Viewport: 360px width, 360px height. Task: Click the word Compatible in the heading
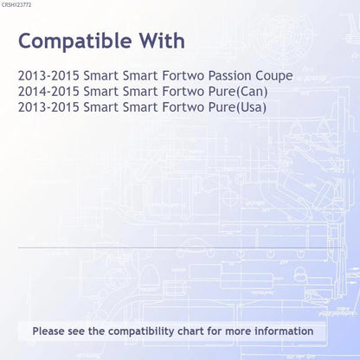point(75,42)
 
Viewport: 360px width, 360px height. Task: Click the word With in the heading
point(162,41)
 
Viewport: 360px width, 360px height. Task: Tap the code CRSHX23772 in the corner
point(16,5)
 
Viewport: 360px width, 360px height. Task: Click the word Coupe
point(274,76)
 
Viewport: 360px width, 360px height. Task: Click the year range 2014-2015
point(48,92)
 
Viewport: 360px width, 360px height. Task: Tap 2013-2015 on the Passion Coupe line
point(48,76)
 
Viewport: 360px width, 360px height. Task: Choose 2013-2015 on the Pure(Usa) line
point(48,107)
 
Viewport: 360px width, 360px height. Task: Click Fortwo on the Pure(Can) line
point(183,92)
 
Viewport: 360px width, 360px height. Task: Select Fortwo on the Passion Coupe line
point(183,76)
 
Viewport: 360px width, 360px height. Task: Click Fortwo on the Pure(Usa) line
point(183,107)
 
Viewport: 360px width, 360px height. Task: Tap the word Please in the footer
point(48,331)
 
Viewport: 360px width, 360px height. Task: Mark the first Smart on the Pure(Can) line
point(101,92)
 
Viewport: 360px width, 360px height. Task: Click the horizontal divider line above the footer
point(179,247)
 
